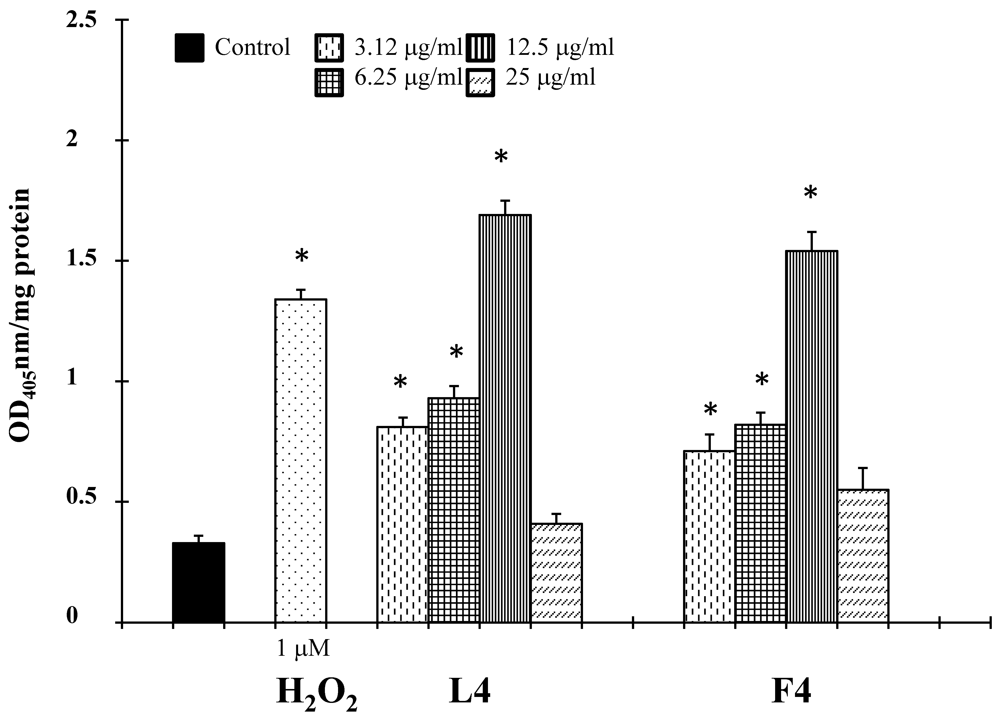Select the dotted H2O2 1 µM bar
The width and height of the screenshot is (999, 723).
[301, 460]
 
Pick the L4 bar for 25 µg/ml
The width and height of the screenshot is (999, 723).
[556, 573]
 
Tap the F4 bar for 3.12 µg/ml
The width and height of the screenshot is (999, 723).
[709, 536]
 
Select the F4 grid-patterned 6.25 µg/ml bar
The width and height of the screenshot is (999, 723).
[761, 523]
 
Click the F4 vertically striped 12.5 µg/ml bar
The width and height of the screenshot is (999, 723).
[812, 436]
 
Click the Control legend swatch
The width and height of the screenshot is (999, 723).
[189, 48]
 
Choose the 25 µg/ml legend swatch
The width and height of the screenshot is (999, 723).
[480, 82]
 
